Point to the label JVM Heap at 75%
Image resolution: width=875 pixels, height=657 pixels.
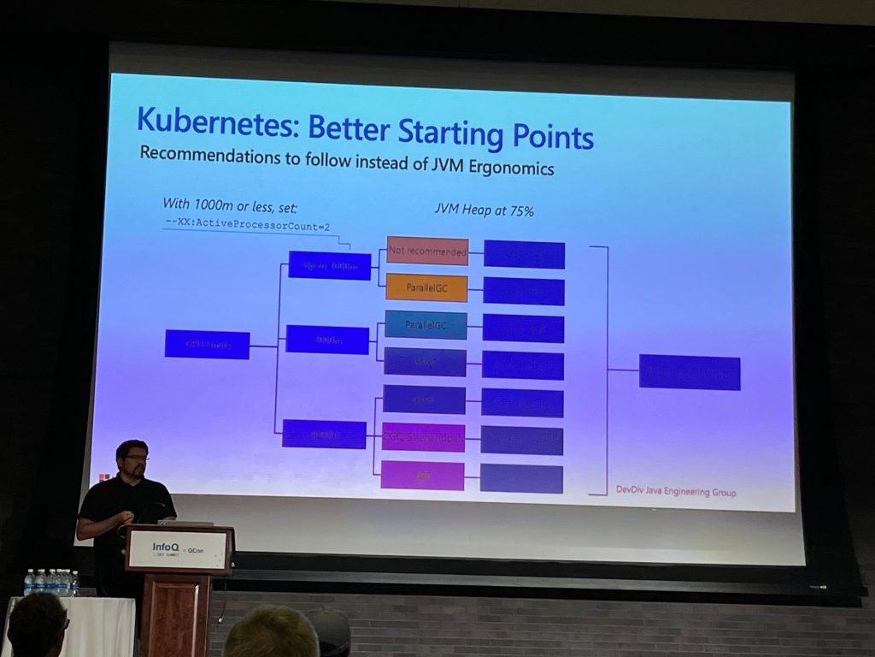tap(484, 210)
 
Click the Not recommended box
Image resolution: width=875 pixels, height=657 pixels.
tap(427, 251)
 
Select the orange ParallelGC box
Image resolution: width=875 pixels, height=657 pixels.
tap(426, 287)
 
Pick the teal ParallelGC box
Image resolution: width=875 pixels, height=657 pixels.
tap(426, 325)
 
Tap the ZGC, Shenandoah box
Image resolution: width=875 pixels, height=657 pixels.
tap(424, 437)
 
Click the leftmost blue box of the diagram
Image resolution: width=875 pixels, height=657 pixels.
tap(207, 344)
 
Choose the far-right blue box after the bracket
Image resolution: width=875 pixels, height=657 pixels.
tap(690, 372)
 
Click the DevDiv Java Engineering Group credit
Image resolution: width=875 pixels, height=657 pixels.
tap(676, 492)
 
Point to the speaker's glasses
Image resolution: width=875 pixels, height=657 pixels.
tap(135, 459)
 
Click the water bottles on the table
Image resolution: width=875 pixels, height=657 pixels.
tap(50, 583)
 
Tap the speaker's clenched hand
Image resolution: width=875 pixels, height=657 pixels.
tap(126, 516)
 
